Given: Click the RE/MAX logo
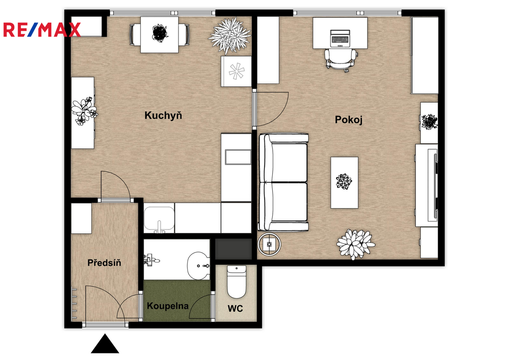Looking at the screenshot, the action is click(x=42, y=30).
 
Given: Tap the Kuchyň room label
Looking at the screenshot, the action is click(x=163, y=115).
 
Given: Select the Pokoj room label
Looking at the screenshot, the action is click(x=348, y=120).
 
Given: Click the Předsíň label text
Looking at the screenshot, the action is click(x=104, y=263).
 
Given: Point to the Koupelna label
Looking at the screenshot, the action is click(x=168, y=306).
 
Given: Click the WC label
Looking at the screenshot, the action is click(x=235, y=308).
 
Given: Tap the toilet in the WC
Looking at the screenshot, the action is click(x=237, y=282).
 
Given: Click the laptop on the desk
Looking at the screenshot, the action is click(x=340, y=38).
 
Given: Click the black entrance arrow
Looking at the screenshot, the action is click(x=105, y=344).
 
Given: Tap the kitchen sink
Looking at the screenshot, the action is click(x=159, y=218).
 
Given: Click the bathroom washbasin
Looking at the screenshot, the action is click(x=198, y=266).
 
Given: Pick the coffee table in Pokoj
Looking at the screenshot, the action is click(x=344, y=183).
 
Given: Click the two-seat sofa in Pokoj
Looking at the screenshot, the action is click(x=283, y=182).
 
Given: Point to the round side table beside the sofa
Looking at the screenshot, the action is click(x=269, y=244).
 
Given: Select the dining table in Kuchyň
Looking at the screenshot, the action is click(x=159, y=35).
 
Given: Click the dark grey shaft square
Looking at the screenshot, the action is click(x=234, y=249).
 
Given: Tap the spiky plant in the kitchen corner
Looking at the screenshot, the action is click(x=230, y=36).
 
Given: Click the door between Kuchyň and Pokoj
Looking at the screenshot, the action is click(x=271, y=109).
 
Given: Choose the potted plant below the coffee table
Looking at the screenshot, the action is click(x=355, y=244).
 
